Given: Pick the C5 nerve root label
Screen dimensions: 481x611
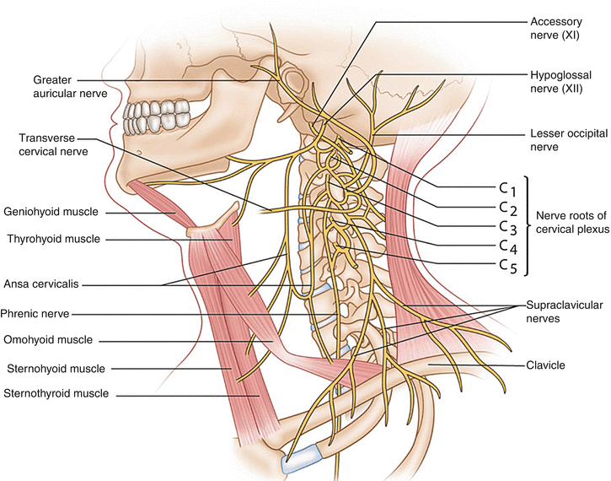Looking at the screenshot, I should click(x=503, y=267).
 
